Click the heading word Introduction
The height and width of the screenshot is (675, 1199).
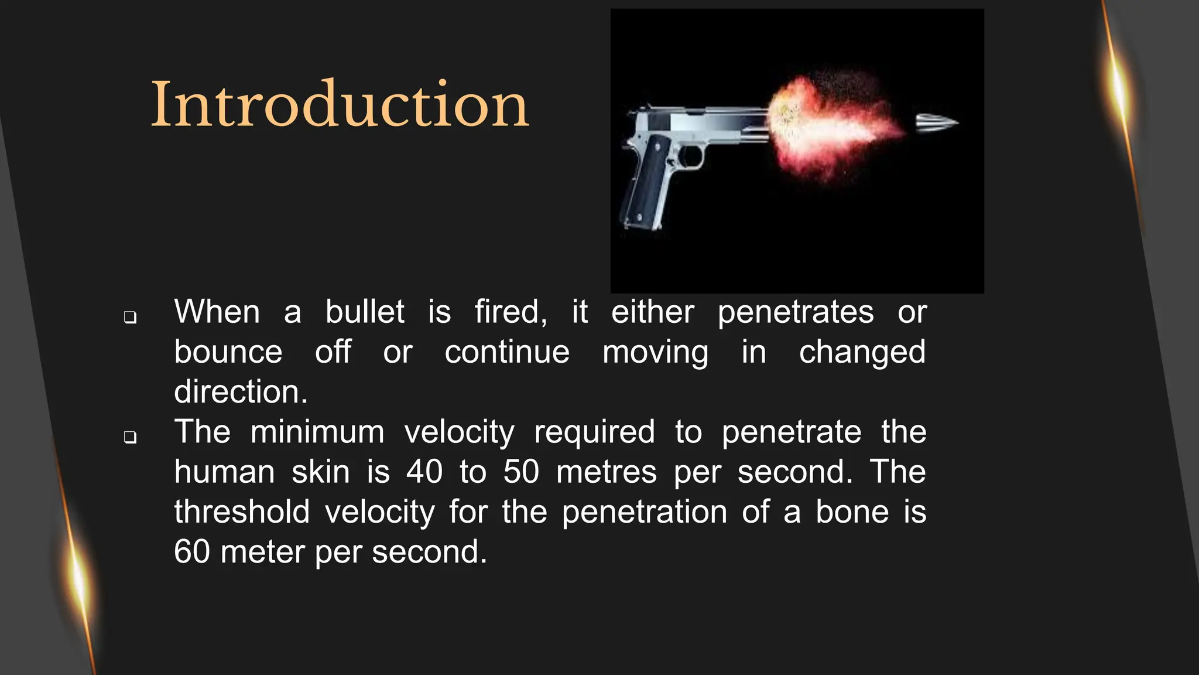click(340, 105)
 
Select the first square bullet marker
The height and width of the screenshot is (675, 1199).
click(130, 318)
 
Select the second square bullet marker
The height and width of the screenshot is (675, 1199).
click(130, 437)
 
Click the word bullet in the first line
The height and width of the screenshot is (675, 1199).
click(365, 312)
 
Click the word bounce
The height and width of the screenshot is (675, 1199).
click(228, 352)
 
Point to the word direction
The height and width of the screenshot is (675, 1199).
click(241, 392)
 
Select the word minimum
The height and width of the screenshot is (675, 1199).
click(317, 432)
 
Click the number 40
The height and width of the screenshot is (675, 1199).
click(424, 472)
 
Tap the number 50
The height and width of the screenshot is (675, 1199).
click(521, 472)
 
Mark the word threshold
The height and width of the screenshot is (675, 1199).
click(242, 512)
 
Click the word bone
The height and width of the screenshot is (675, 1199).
click(852, 512)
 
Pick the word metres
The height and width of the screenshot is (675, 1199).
click(607, 472)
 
